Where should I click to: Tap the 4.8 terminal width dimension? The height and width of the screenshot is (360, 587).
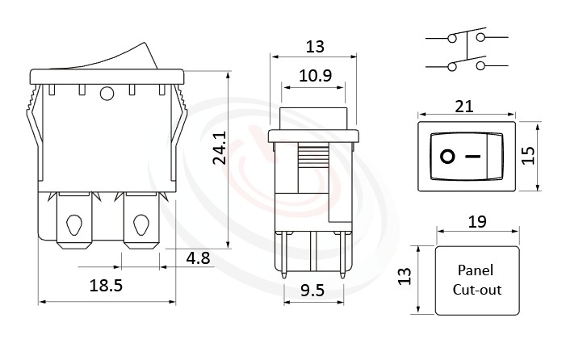click(198, 259)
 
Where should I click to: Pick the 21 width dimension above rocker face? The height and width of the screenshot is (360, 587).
click(465, 107)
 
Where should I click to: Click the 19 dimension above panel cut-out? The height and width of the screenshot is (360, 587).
click(476, 220)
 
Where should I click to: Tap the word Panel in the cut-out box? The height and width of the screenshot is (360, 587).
click(475, 270)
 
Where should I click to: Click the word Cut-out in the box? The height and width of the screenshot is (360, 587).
click(475, 289)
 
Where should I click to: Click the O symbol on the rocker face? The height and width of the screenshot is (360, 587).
click(447, 156)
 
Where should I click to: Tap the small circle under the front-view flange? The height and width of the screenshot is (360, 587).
click(106, 96)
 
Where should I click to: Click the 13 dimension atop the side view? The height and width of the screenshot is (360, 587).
click(314, 46)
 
